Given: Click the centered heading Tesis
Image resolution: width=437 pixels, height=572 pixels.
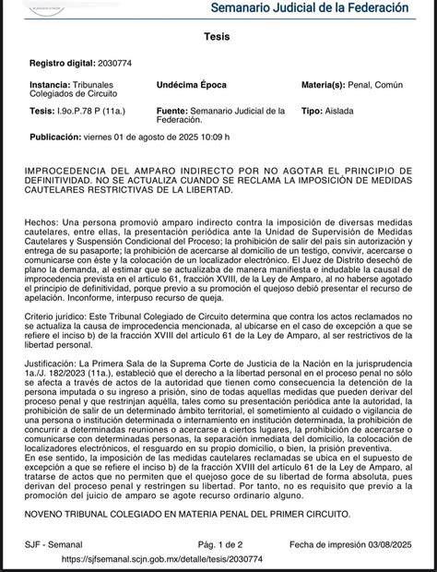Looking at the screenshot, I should (x=218, y=34).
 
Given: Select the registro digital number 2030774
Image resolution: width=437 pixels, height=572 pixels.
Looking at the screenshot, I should (x=124, y=63).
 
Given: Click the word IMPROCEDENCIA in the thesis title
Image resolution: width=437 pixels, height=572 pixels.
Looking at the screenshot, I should (x=76, y=171).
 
